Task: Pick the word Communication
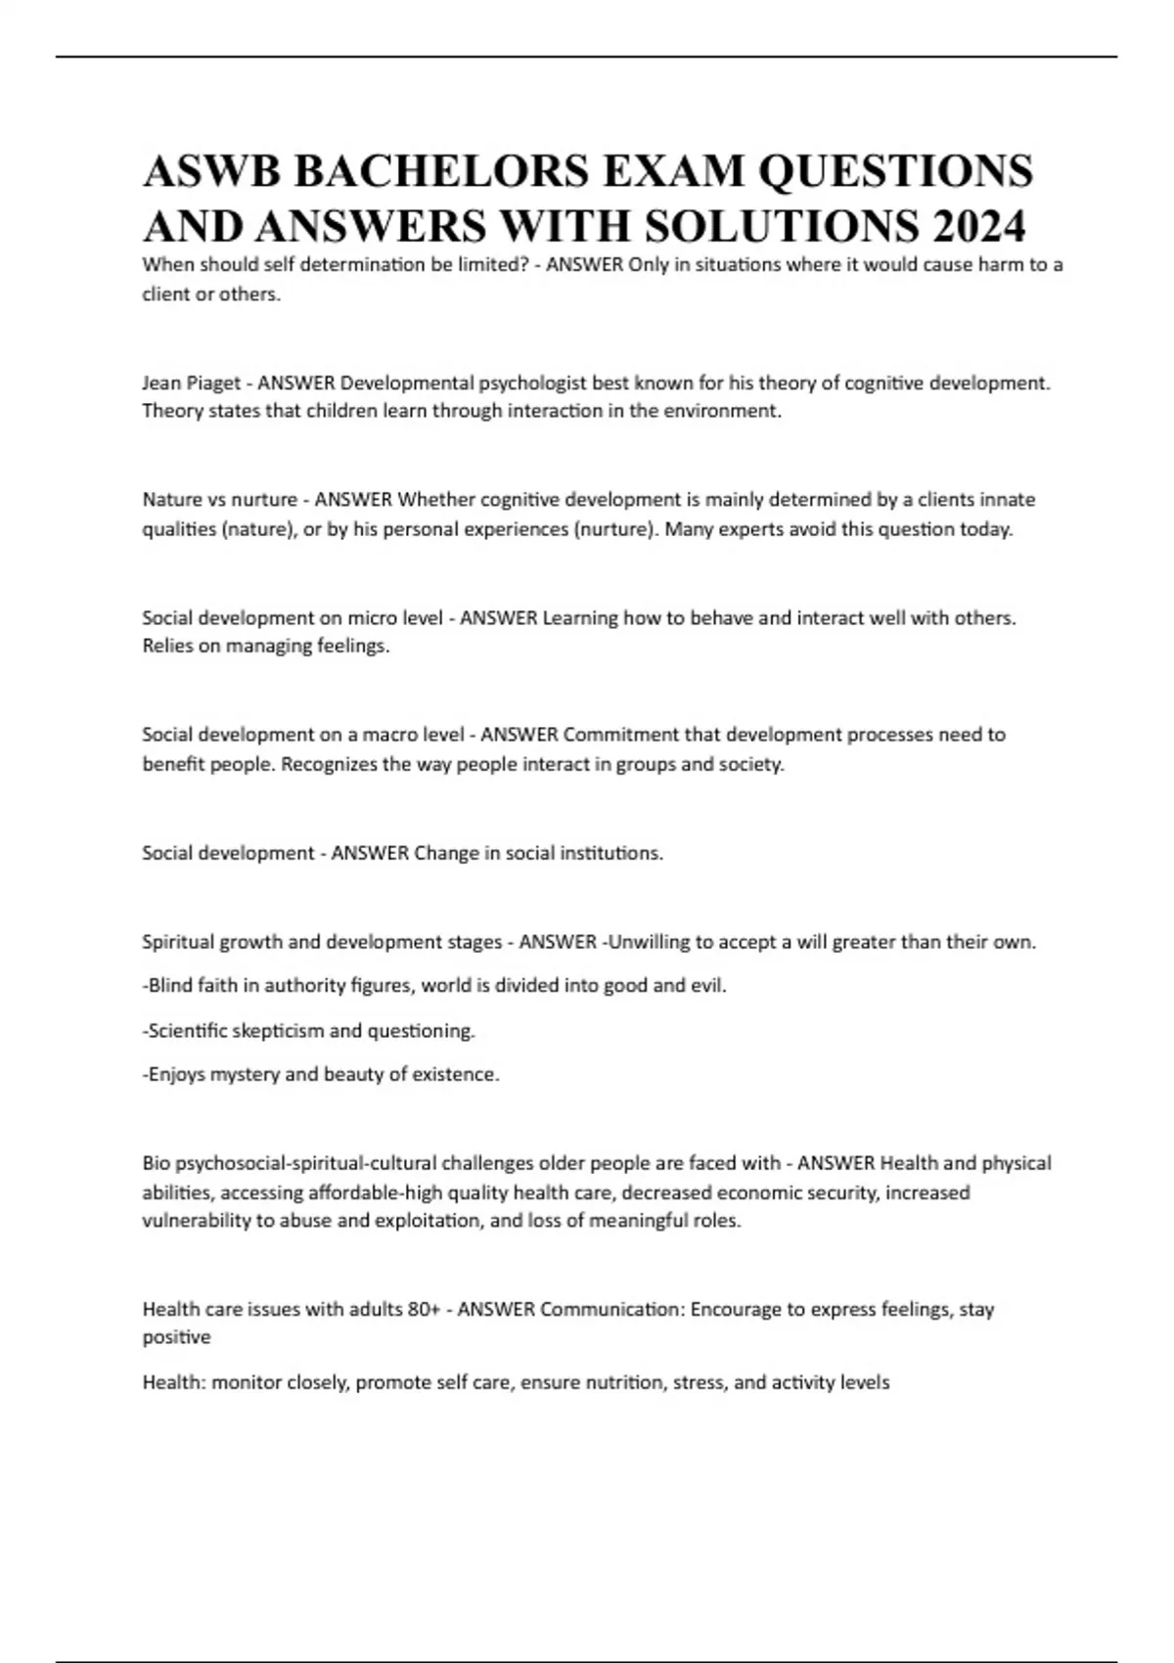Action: pos(610,1309)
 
